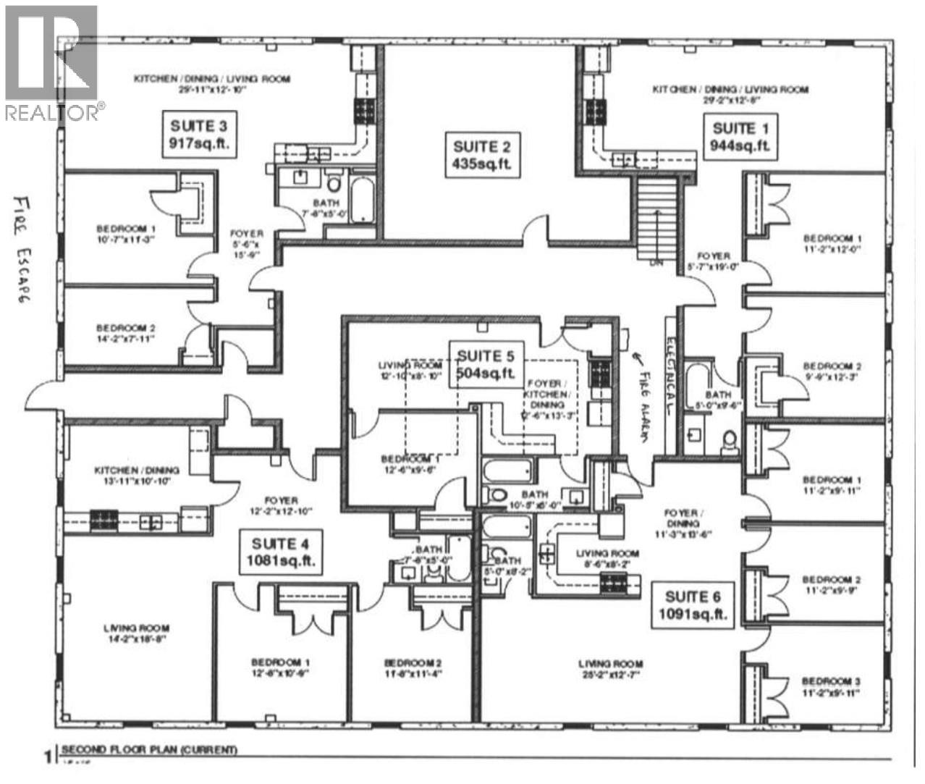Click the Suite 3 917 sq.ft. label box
click(x=200, y=134)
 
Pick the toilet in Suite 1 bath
click(x=729, y=438)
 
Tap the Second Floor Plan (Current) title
click(x=148, y=750)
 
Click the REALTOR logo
click(x=51, y=62)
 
